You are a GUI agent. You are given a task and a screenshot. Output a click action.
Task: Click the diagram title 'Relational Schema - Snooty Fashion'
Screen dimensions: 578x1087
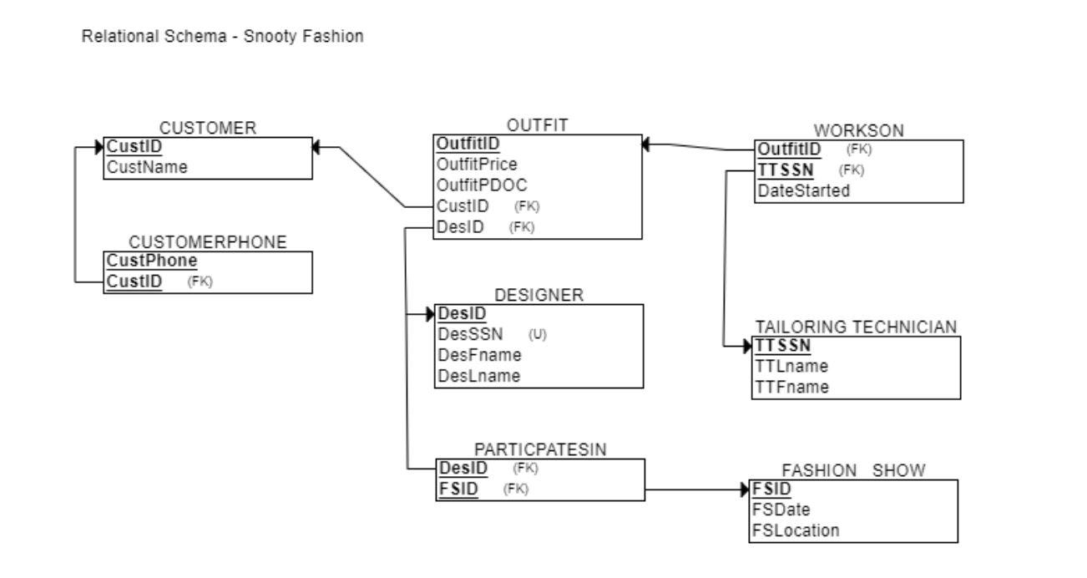pos(222,38)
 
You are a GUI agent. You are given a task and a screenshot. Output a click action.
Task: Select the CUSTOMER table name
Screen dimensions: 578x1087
pos(208,128)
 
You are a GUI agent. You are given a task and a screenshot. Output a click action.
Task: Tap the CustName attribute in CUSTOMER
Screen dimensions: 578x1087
pos(146,167)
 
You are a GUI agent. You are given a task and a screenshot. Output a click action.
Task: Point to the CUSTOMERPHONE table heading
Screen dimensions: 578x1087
pos(207,242)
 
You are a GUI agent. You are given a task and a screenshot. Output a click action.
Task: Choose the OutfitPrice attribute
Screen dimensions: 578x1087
pos(477,164)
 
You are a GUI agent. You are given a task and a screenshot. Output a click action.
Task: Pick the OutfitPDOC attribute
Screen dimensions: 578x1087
pos(480,185)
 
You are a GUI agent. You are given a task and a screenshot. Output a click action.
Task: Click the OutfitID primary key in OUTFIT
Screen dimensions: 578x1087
pos(468,144)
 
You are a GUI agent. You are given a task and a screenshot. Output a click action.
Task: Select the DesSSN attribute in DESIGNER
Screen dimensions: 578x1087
pos(471,335)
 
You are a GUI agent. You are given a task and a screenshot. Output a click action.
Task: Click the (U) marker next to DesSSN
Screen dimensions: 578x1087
pos(537,335)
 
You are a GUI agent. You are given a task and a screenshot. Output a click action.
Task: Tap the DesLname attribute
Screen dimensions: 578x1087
pos(479,376)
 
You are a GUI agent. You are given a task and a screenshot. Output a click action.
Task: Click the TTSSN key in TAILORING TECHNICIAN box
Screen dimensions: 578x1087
pos(783,346)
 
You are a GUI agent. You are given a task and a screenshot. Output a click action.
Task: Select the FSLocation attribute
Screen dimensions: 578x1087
pos(796,530)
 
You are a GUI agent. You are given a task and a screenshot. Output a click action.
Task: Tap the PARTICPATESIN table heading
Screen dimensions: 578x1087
pos(539,449)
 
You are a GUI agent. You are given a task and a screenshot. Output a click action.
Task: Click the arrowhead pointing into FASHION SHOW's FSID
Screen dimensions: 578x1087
pos(745,489)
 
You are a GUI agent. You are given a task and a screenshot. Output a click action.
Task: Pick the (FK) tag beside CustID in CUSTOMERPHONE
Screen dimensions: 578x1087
pos(200,282)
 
